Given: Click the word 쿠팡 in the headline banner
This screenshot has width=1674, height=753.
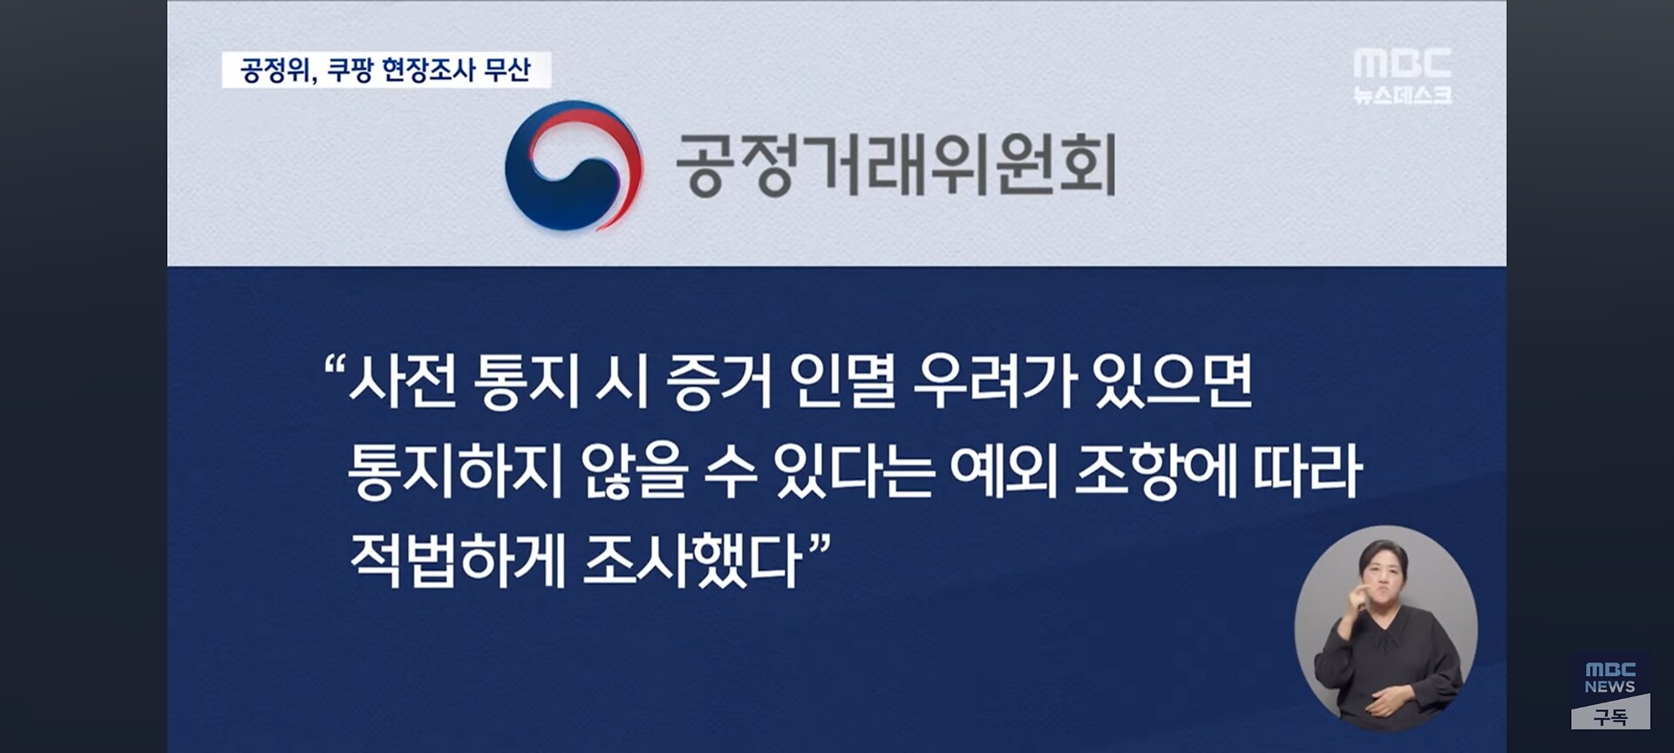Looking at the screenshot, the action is tap(349, 70).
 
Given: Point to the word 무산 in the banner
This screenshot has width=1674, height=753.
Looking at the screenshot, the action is tap(507, 70).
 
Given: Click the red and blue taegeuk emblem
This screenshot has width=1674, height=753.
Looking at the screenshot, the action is tap(574, 166).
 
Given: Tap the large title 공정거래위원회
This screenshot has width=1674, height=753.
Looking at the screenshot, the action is tap(896, 165).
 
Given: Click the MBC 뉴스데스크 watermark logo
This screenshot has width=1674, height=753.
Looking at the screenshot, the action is tap(1402, 77).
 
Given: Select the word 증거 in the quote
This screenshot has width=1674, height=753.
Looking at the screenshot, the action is tap(719, 382).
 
